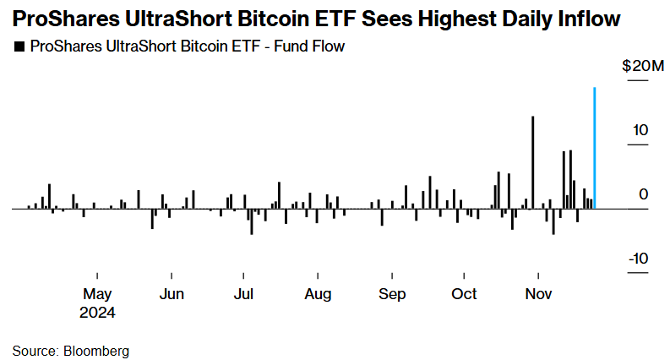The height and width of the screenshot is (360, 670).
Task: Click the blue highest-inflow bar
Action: (595, 148)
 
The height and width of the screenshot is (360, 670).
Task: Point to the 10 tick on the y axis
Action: (641, 131)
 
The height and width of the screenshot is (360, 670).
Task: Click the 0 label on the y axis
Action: (644, 195)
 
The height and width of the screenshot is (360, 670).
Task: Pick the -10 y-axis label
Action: (638, 259)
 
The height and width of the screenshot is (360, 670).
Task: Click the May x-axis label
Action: (97, 294)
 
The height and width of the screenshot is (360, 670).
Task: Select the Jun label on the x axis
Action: (172, 294)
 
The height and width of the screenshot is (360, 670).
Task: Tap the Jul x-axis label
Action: (243, 294)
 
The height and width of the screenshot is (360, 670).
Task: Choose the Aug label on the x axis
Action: (318, 294)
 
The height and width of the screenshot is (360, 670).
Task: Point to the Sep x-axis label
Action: (392, 294)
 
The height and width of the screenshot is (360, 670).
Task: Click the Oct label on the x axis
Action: (464, 294)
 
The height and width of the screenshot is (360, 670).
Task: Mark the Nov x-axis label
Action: (539, 294)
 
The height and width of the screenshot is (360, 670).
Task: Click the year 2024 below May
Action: (98, 312)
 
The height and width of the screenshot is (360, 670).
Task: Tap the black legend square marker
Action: (19, 47)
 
